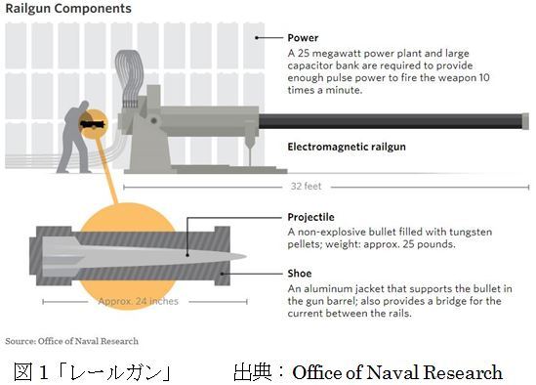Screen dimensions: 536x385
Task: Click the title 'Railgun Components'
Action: pos(68,8)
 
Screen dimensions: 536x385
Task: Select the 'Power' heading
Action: pos(303,38)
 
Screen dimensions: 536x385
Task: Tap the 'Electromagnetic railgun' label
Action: pos(347,147)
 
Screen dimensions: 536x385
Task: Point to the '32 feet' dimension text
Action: pos(306,187)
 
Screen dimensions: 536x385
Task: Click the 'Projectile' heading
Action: pos(310,217)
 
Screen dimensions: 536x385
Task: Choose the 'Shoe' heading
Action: pos(300,274)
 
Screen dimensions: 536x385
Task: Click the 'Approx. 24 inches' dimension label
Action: pos(139,301)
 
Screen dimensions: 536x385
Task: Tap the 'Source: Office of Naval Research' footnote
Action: pos(72,341)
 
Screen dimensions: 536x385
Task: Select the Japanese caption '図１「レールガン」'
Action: pos(93,372)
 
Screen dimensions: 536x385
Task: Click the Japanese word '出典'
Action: pos(253,372)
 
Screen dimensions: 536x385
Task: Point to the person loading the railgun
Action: pos(76,137)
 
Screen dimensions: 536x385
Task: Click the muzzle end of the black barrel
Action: pos(525,121)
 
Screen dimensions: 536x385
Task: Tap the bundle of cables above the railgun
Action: pos(129,78)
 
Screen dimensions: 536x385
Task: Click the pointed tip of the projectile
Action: pos(245,256)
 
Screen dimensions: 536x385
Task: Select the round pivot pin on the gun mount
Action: pos(154,120)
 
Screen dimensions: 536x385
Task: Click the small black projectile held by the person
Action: pos(93,124)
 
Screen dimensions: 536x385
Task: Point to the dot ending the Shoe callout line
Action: pos(223,274)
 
